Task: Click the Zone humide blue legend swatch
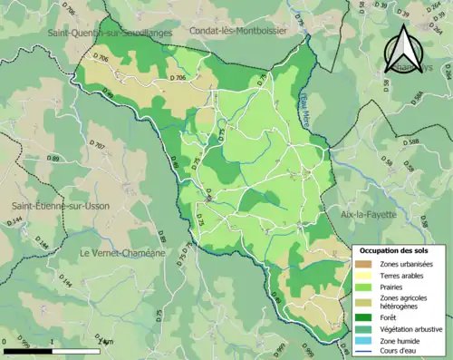(x=364, y=339)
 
